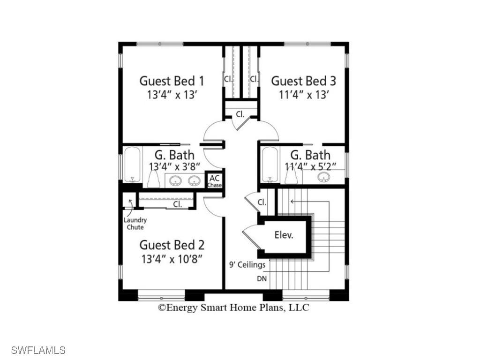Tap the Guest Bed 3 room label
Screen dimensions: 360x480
pos(304,80)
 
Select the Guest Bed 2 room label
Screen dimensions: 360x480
pos(172,245)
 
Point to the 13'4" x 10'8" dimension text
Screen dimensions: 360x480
pos(172,259)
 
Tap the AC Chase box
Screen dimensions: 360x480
pos(215,181)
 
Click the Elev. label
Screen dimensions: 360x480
pos(284,235)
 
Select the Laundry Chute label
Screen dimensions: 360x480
pos(135,224)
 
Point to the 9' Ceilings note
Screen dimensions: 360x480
pos(247,265)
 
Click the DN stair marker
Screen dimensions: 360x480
pos(262,278)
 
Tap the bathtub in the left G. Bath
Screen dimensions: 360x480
pos(132,164)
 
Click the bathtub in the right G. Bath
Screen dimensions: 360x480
pos(270,164)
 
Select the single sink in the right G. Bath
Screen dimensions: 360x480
pos(323,177)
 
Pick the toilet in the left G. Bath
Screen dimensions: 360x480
pos(153,179)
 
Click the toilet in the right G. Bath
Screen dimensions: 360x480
pos(291,176)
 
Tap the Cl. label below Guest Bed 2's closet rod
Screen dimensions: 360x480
pos(178,204)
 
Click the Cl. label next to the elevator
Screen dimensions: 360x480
pos(262,202)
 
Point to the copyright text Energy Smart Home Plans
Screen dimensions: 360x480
pos(233,308)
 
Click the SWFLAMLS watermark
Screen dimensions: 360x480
pos(38,350)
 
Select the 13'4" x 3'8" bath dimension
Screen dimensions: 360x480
pos(174,166)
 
